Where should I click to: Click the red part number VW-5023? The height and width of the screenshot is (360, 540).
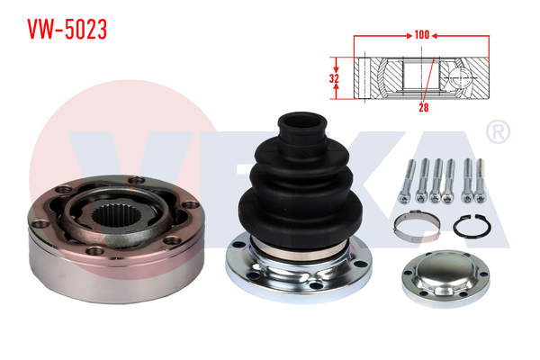click(x=67, y=29)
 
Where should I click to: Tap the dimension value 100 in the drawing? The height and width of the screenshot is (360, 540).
click(x=421, y=35)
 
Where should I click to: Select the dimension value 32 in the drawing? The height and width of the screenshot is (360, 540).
click(x=334, y=78)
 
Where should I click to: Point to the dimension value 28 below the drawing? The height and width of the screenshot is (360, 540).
click(x=424, y=107)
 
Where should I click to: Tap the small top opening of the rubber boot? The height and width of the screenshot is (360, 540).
click(x=302, y=121)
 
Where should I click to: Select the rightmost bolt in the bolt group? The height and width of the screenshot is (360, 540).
click(x=480, y=181)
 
